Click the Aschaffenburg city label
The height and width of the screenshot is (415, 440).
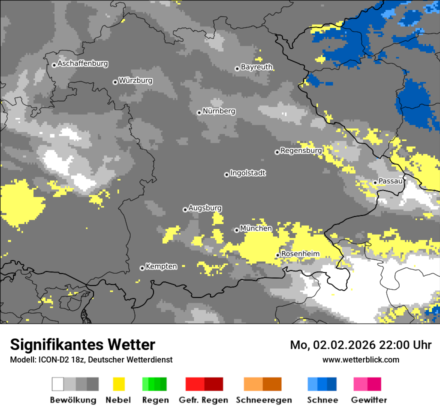click(82, 64)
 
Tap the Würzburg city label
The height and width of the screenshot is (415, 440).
click(135, 81)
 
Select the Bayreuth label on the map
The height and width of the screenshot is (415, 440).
click(256, 67)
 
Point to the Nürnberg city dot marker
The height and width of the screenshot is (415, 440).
click(199, 112)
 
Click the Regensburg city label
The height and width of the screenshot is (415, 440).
click(301, 150)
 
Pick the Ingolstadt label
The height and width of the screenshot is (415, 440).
click(248, 173)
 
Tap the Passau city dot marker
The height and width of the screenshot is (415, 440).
click(375, 182)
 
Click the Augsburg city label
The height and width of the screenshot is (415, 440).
click(205, 208)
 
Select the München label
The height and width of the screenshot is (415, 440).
click(256, 228)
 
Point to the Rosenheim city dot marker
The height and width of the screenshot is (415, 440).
click(277, 255)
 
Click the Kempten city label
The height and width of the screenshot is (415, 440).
click(161, 266)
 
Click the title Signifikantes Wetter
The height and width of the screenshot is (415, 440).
click(82, 344)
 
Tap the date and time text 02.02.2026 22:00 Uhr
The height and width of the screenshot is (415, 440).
click(360, 345)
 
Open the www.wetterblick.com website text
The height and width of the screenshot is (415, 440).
click(360, 359)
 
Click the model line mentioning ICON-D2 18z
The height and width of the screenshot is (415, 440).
click(91, 359)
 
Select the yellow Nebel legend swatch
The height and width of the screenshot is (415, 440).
click(118, 384)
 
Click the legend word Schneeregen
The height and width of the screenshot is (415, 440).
click(264, 400)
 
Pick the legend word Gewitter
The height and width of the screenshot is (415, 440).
click(369, 400)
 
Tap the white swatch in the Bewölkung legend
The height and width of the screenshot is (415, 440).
click(58, 384)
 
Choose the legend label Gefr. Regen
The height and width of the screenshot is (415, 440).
click(203, 400)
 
